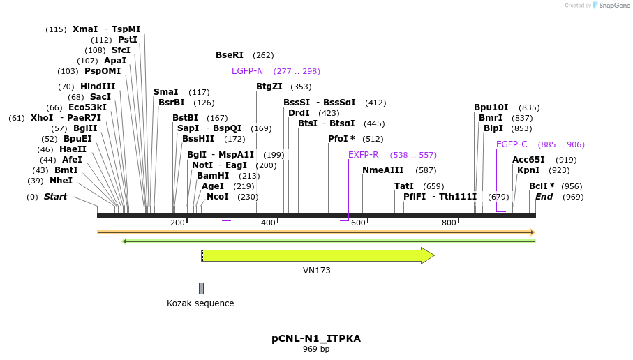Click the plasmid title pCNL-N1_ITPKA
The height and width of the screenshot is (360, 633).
coord(315,338)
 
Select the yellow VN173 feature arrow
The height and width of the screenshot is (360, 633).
coord(318,255)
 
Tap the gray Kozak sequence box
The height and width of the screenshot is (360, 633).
coord(201,288)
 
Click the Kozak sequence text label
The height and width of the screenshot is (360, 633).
coord(200,303)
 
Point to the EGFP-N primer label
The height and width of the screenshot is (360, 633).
coord(247,71)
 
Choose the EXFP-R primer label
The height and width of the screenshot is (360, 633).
coord(363,155)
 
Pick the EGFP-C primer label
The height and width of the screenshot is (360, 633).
coord(512,144)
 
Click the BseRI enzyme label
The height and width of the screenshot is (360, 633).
coord(229,55)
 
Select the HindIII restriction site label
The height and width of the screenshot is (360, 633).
coord(98,87)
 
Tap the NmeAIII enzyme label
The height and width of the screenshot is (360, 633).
coord(382,170)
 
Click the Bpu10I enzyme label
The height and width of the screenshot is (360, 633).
coord(491,107)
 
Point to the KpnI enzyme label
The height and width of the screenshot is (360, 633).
coord(528,170)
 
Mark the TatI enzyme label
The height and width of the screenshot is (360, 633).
coord(404,186)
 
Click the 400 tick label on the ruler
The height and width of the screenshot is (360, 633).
coord(268,223)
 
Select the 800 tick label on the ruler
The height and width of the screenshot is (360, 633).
coord(449,223)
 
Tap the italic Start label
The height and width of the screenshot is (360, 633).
coord(55,197)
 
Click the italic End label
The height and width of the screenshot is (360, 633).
coord(544,197)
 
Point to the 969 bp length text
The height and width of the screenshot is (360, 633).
coord(315,349)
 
